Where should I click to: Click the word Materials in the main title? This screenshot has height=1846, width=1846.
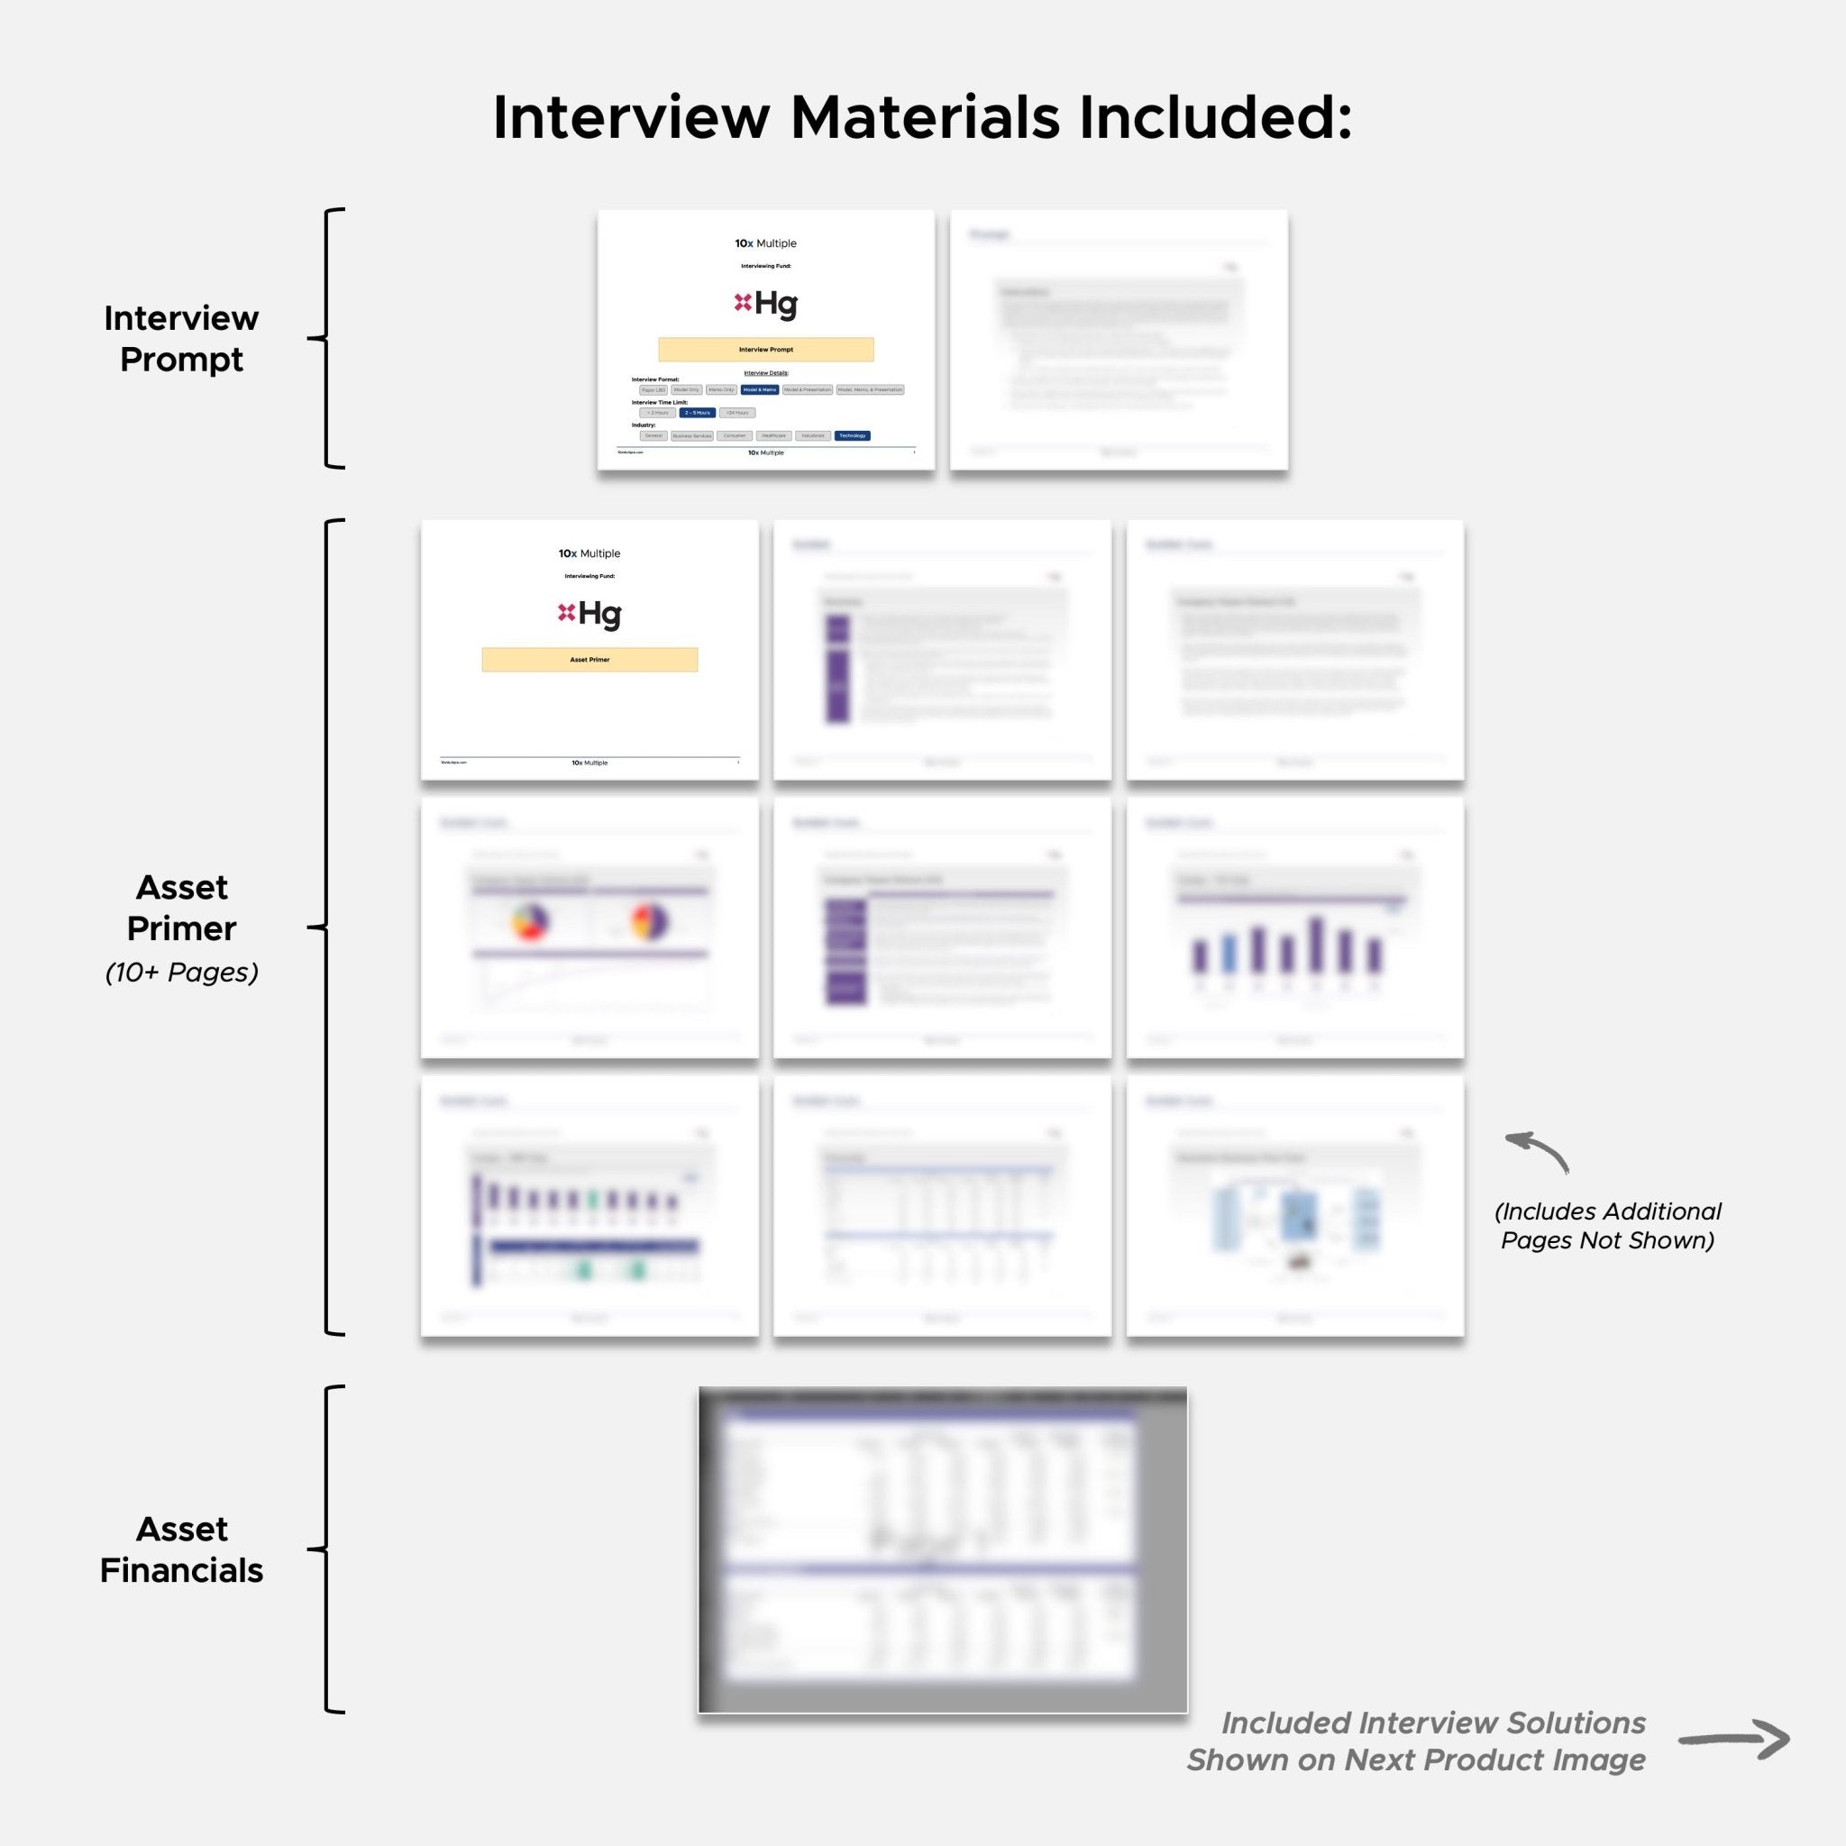click(x=924, y=118)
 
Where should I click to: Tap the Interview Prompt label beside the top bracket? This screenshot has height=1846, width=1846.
click(x=181, y=338)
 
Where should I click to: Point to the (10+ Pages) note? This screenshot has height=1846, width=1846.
click(x=181, y=972)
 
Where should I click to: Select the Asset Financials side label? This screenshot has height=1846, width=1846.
click(x=181, y=1549)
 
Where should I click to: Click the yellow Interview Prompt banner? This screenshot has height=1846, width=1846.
click(x=765, y=350)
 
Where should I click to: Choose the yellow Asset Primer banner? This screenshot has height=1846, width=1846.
click(x=589, y=659)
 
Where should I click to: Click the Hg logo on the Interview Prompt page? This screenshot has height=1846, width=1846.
click(x=765, y=304)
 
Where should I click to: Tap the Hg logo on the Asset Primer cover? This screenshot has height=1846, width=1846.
click(x=589, y=614)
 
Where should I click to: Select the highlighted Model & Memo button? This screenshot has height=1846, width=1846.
click(x=760, y=389)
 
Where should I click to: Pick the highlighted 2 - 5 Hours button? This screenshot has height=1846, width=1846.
click(x=698, y=413)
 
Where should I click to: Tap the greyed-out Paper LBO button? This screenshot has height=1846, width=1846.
click(x=653, y=389)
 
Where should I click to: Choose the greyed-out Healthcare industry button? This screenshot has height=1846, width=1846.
click(x=773, y=435)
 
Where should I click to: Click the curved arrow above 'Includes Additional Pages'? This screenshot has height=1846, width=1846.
click(x=1538, y=1150)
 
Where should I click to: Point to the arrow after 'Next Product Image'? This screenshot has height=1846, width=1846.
click(x=1733, y=1740)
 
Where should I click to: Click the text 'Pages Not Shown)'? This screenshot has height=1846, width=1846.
click(x=1607, y=1240)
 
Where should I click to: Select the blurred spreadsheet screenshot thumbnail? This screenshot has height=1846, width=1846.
click(x=942, y=1549)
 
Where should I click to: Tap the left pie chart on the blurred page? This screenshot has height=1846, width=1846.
click(x=529, y=922)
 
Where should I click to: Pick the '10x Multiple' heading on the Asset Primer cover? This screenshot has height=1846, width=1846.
click(x=589, y=553)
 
